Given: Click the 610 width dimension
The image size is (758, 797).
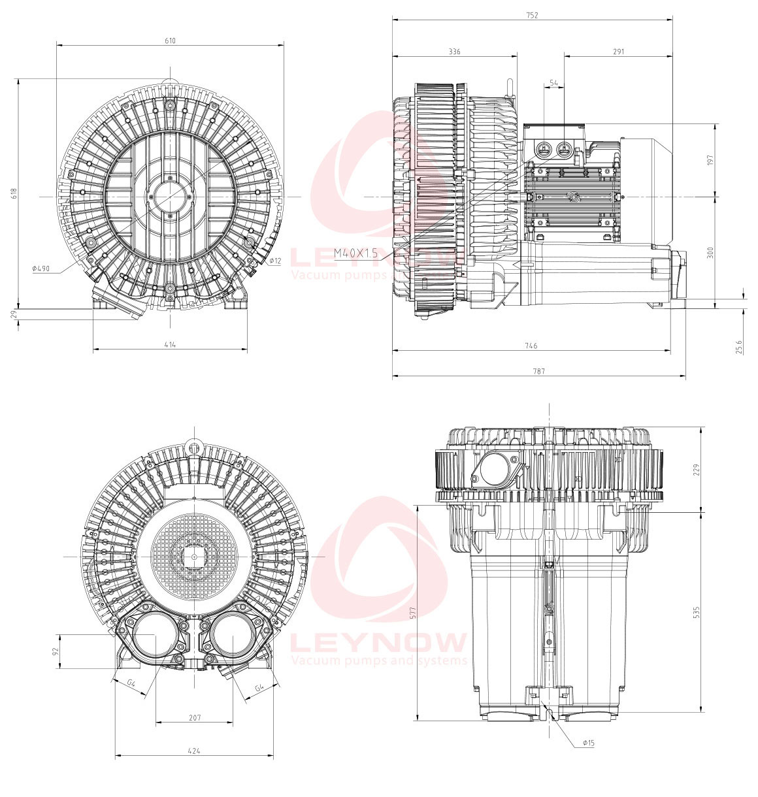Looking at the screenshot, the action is pos(171,41).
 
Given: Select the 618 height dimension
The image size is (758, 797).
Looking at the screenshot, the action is pos(14,193).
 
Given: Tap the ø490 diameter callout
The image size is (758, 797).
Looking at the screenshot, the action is pos(41,268).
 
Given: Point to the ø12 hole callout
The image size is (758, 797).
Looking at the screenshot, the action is pos(275,261).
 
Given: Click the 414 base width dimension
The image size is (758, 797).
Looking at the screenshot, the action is pos(170,344).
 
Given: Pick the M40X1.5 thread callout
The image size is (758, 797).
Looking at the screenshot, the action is pos(355,253).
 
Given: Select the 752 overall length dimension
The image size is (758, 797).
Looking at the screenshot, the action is pos(532,15).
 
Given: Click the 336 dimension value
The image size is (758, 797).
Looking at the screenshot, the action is pos(455,52).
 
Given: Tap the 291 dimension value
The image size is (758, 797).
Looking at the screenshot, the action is pos(618,52).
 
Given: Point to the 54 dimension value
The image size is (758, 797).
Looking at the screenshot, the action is pos(553,82).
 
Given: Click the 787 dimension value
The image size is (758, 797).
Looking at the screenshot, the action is pos(538,371).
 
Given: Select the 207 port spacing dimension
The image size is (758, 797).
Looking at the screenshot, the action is pos(195,717).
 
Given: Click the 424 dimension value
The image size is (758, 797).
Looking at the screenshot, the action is pos(194,751).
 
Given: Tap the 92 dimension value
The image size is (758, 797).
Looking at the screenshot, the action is pos(56,651).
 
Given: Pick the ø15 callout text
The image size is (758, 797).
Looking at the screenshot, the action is pos(589,743).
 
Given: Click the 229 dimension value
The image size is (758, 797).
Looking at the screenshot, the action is pos(697,470).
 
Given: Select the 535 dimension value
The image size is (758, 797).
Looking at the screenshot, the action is pos(697,612).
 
